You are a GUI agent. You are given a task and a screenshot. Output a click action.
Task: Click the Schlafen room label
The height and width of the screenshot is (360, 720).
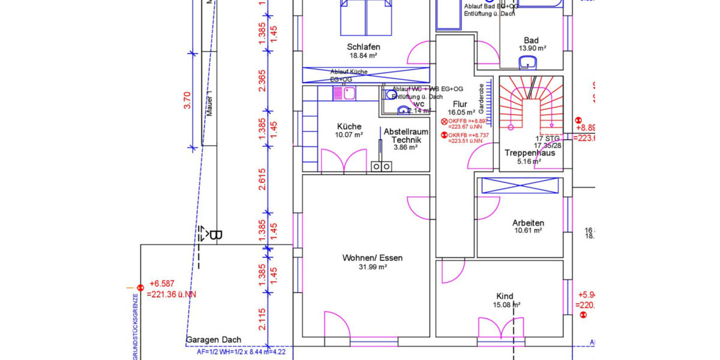363,47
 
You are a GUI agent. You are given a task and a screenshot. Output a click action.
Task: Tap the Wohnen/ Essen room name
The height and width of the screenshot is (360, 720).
372,258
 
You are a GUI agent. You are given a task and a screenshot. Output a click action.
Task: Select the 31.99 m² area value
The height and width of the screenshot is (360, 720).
372,268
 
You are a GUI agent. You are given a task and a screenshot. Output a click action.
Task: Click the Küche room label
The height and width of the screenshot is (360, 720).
349,127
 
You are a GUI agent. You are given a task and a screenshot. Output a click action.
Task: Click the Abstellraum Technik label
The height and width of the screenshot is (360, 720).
406,135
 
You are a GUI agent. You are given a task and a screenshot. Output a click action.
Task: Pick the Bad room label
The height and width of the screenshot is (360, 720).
531,40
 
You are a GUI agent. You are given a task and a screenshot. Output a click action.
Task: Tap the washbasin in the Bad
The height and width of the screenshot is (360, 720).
528,61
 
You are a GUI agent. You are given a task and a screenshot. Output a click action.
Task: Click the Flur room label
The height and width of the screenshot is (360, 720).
460,104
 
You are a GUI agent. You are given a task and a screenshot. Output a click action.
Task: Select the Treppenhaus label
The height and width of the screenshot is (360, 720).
530,153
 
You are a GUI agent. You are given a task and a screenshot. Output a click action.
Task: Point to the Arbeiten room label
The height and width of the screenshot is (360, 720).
528,222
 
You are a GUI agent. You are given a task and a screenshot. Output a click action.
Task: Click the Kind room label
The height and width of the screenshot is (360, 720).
505,296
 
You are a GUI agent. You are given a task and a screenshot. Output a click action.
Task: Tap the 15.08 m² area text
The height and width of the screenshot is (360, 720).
505,305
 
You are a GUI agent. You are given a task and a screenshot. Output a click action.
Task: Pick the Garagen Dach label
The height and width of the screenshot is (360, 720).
214,340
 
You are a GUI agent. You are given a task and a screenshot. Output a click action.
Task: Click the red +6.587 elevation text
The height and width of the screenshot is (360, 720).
161,284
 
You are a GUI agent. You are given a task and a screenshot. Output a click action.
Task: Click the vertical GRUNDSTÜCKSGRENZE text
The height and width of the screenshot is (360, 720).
135,327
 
